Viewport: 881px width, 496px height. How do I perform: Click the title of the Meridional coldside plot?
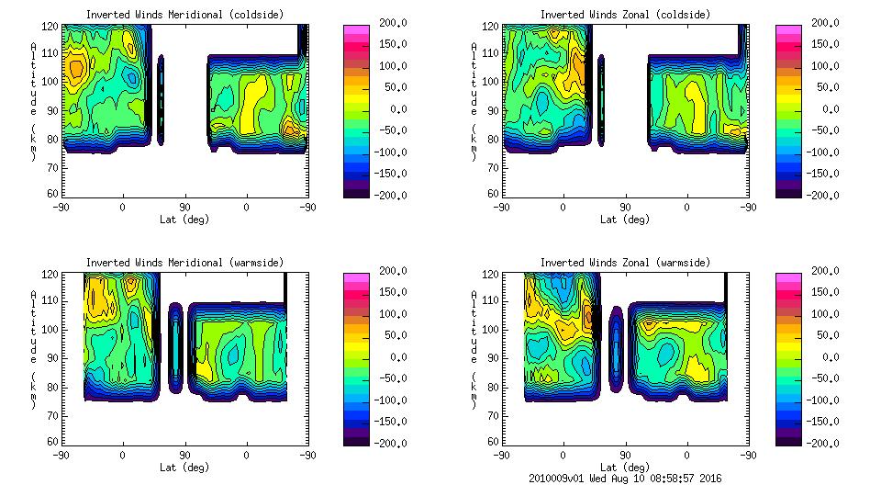tap(184, 15)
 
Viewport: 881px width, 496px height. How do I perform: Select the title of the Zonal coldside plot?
tap(625, 15)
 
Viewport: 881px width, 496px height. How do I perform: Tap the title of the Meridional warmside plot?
tap(184, 263)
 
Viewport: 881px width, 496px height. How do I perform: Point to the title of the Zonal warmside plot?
tap(625, 263)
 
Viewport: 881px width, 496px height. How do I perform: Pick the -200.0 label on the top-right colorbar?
tap(827, 196)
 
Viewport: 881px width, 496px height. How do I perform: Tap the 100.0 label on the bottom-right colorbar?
tap(827, 314)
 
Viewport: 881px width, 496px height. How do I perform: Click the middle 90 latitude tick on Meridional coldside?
tap(184, 207)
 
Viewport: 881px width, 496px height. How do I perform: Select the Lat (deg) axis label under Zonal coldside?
tap(625, 220)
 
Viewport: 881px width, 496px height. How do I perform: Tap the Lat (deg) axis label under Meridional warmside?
tap(184, 467)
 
